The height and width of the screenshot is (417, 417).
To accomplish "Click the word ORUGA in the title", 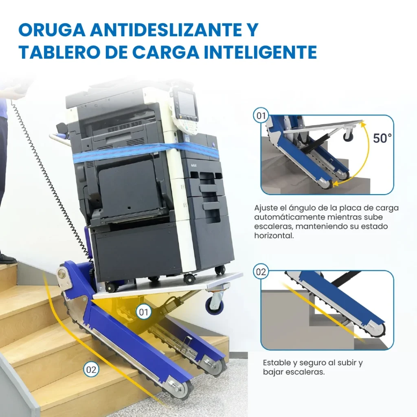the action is coord(52,30).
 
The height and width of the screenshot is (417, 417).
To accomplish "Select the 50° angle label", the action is coord(382,138).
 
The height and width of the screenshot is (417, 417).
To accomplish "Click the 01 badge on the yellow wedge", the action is coord(144,312).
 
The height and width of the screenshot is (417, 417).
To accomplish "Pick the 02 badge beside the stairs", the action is coord(91,370).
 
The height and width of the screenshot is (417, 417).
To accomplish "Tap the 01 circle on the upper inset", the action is coord(261,116).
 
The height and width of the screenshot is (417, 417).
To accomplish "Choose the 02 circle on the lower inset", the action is coord(261,272).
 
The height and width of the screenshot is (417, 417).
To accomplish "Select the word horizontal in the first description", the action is coord(274,236).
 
